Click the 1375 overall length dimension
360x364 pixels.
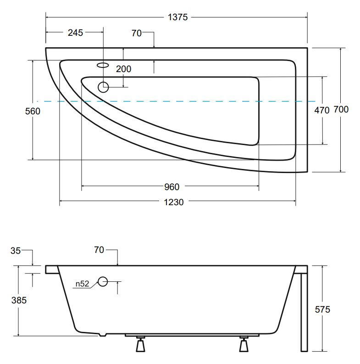click(x=177, y=17)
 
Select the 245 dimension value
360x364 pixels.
click(x=75, y=33)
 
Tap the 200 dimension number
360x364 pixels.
click(x=124, y=69)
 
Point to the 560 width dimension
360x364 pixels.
click(x=33, y=111)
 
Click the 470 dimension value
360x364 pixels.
click(x=322, y=110)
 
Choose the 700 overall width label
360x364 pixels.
click(x=341, y=109)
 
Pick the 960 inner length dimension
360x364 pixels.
click(x=172, y=187)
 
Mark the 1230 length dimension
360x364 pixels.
click(x=174, y=202)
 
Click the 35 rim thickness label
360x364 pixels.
click(x=16, y=251)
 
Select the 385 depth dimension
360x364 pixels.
click(x=19, y=300)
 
